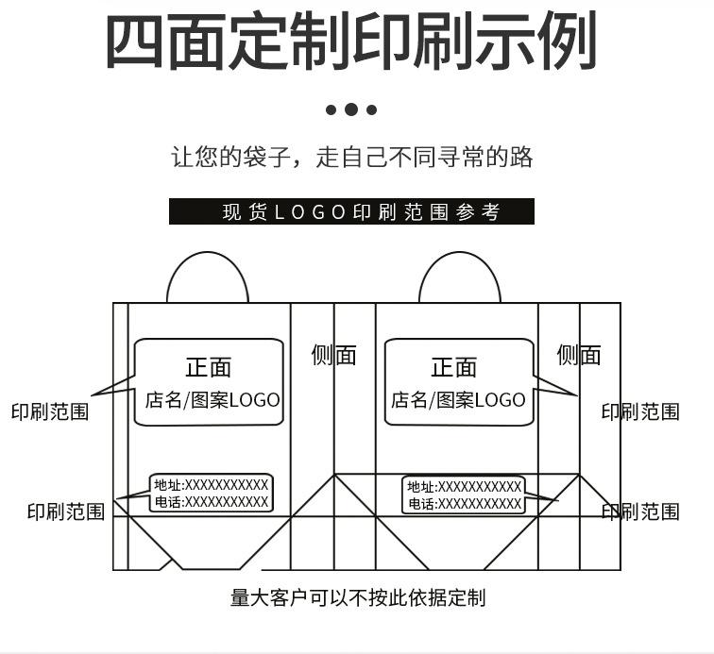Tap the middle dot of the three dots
point(351,109)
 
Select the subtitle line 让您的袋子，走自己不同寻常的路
point(351,157)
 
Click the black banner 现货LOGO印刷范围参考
point(351,211)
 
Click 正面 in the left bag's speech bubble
point(208,367)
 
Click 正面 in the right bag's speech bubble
point(454,366)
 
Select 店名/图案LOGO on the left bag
point(212,400)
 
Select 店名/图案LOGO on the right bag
point(458,400)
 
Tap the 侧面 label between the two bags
point(334,355)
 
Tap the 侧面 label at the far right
point(579,355)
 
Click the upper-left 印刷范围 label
point(50,411)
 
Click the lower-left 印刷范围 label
point(66,511)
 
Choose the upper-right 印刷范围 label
point(640,411)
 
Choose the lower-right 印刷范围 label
point(640,511)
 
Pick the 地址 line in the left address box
point(212,485)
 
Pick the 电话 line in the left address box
point(212,502)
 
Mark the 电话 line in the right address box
point(464,504)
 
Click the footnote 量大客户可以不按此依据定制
point(358,597)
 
